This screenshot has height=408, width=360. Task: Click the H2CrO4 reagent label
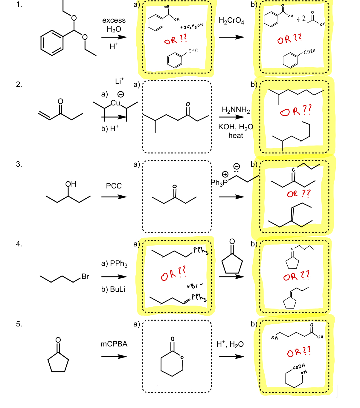pos(231,21)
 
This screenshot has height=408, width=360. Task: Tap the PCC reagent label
pos(114,186)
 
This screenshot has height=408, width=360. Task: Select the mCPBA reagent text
pos(114,344)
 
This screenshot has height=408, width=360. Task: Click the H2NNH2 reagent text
pos(236,110)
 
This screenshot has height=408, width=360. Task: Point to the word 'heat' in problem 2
pos(236,136)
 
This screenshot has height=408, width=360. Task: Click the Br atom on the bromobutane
pos(85,277)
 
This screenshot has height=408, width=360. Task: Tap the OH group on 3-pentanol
pos(71,184)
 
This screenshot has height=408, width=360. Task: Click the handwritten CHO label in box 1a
pos(193,51)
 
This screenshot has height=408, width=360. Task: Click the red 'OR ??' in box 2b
pos(296,111)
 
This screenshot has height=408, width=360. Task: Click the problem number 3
pos(19,164)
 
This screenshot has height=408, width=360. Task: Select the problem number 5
pos(19,324)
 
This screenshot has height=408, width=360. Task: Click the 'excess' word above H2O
pos(114,20)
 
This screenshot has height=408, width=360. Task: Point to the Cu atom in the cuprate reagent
pos(115,103)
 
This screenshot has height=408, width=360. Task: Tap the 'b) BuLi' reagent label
pos(113,289)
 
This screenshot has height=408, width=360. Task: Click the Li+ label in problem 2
pos(119,81)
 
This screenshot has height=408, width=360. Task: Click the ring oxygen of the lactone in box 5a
pos(181,357)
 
